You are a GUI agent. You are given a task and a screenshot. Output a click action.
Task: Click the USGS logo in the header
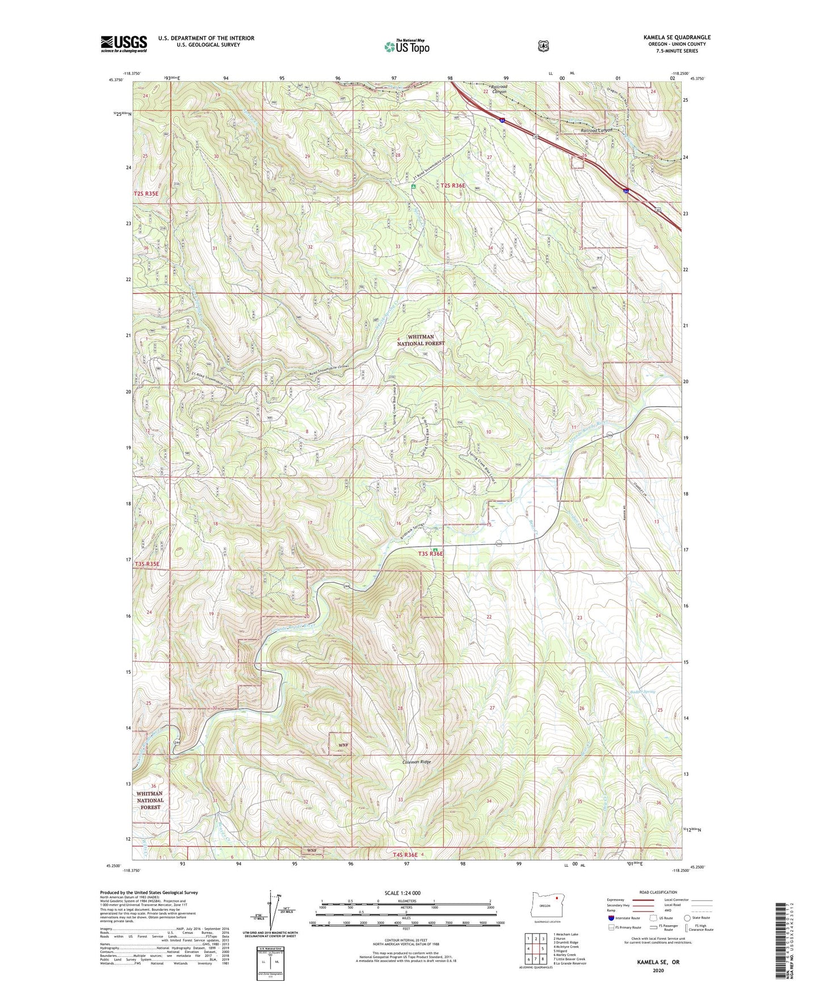click(x=124, y=44)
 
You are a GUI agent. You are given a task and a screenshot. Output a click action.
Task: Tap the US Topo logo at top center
click(x=405, y=46)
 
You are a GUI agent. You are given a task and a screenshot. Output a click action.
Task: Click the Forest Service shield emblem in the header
click(x=543, y=45)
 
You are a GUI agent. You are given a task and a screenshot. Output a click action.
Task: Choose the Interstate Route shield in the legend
click(x=610, y=917)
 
